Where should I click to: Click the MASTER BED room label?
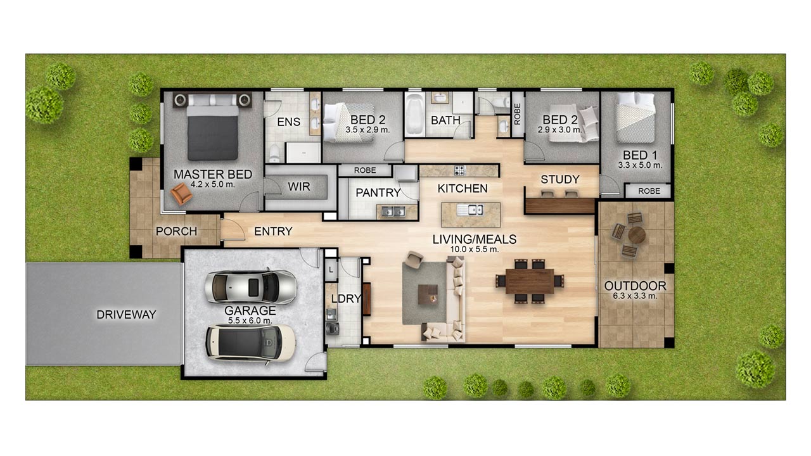(x=213, y=174)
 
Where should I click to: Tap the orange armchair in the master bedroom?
(x=181, y=194)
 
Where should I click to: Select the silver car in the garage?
(x=250, y=287)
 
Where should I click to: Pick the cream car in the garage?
(x=250, y=343)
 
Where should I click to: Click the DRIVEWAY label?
(x=126, y=315)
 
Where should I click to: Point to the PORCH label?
(x=176, y=231)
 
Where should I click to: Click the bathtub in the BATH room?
(x=414, y=115)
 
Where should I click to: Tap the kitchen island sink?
(x=470, y=210)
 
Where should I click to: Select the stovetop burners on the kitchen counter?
(x=460, y=170)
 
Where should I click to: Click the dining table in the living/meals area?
(x=530, y=281)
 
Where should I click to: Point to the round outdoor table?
(x=637, y=235)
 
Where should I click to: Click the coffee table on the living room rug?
(x=428, y=294)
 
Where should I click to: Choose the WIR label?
(x=299, y=187)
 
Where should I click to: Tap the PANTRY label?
(x=378, y=193)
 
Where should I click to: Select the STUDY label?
(x=560, y=179)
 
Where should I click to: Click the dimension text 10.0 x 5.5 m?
(x=475, y=250)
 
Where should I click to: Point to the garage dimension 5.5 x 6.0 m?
(x=250, y=320)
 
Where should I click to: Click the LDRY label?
(x=346, y=298)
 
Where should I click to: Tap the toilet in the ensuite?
(x=275, y=154)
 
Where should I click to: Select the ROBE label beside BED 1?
(x=649, y=191)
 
